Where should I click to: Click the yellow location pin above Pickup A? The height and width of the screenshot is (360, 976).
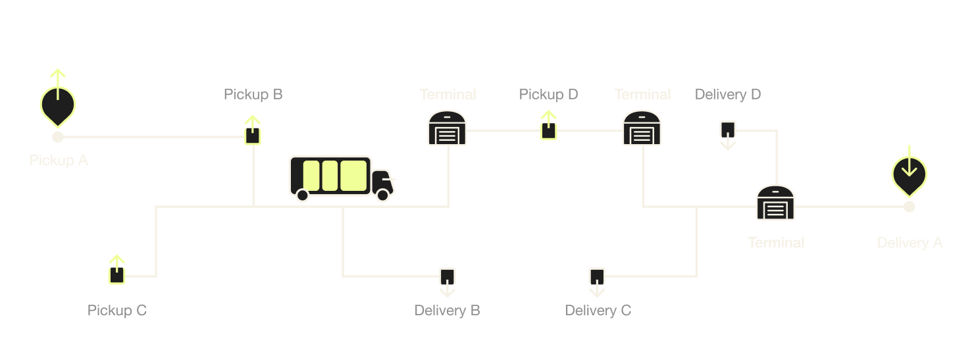[58, 103]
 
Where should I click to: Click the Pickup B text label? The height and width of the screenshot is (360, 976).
[253, 94]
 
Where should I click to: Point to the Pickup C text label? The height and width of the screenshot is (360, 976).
[117, 310]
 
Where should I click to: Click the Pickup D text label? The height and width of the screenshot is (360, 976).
[548, 94]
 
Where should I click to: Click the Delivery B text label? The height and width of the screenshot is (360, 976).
[447, 310]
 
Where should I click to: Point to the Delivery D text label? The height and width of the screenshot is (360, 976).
[728, 94]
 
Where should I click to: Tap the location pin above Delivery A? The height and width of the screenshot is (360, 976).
[909, 173]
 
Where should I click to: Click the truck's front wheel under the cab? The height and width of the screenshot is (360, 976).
[382, 195]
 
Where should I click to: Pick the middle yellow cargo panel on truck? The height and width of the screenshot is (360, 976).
[330, 176]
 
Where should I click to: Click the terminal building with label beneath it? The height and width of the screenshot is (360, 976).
[775, 203]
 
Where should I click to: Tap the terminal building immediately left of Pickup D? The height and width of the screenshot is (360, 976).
[448, 128]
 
